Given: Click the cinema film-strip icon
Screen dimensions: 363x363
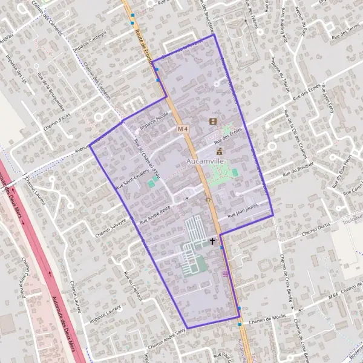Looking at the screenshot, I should tap(212, 121).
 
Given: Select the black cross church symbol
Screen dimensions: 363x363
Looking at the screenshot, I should tap(212, 241).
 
